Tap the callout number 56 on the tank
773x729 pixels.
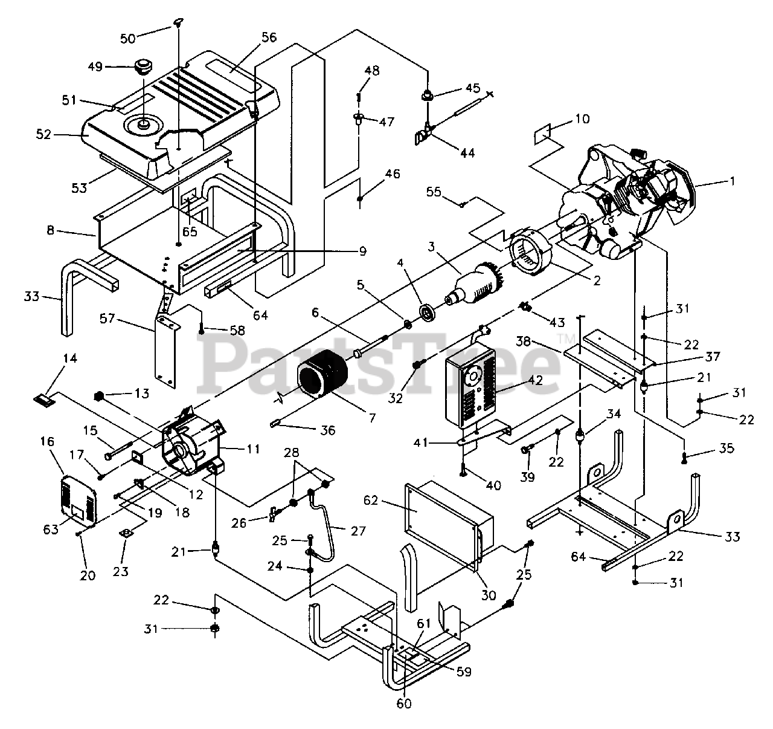[x=269, y=37]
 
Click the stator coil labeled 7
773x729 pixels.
[x=322, y=375]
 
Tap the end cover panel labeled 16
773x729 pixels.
[x=79, y=500]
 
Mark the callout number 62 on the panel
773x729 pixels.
[x=371, y=500]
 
